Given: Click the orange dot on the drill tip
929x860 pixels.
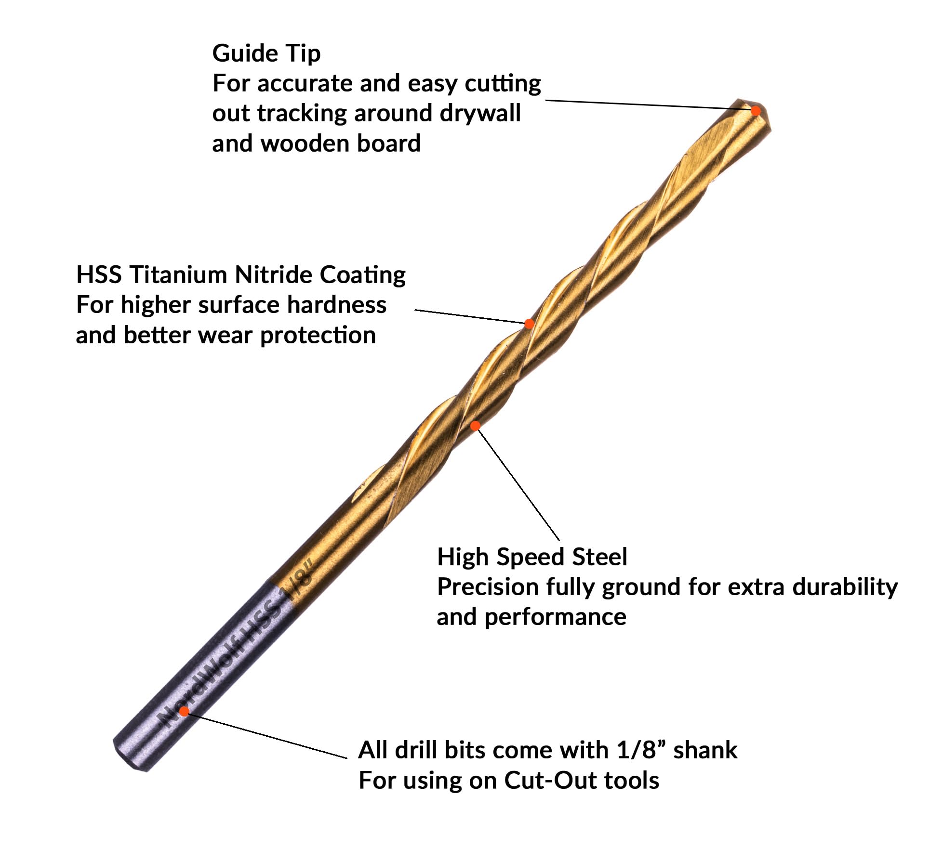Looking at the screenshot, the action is (x=756, y=111).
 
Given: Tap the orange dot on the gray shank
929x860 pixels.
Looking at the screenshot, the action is (x=184, y=711).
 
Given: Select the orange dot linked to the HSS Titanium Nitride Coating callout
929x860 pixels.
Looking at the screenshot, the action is (x=529, y=324).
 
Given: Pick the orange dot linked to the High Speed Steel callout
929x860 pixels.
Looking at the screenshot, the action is (x=476, y=426).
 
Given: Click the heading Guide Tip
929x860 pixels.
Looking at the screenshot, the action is (x=266, y=53).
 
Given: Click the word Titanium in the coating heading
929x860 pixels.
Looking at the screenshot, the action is (x=182, y=275).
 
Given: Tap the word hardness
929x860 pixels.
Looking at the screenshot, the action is (x=336, y=305).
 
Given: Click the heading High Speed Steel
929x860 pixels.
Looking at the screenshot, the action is (x=532, y=557).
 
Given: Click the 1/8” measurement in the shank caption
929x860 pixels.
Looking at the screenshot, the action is (x=640, y=750).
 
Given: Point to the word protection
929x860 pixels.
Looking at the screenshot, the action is (x=318, y=336).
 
